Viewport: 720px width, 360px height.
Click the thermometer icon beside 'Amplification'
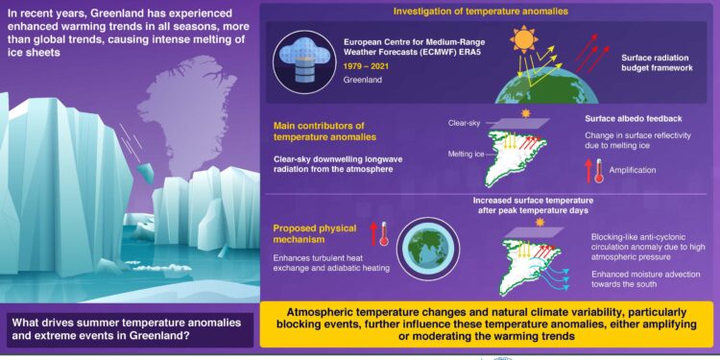click(596, 170)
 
